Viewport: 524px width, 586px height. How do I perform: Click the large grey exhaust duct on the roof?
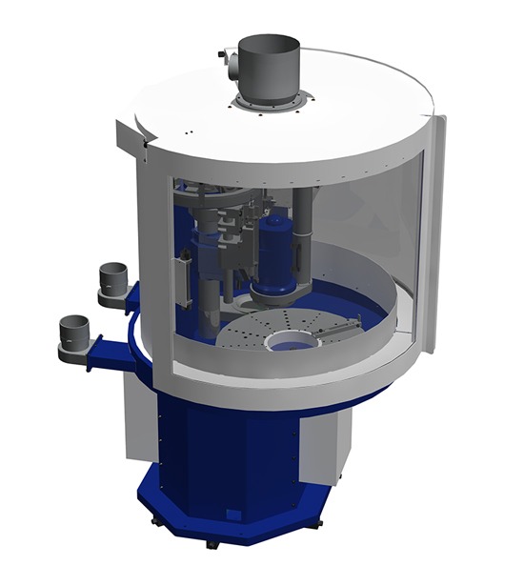coord(269,63)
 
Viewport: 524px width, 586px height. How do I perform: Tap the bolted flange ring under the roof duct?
coord(271,101)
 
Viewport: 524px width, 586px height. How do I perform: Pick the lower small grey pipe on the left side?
coord(74,333)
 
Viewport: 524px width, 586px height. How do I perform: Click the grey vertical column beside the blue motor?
coord(303,229)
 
